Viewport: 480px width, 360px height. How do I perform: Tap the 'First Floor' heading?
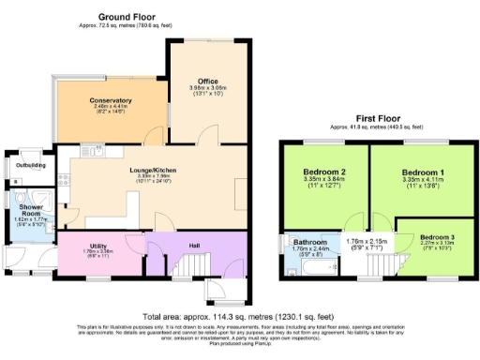(x=378, y=119)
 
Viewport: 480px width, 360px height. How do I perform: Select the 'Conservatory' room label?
(x=111, y=100)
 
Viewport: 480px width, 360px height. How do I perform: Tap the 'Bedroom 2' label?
(x=325, y=173)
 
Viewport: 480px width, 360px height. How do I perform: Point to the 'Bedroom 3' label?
(x=436, y=237)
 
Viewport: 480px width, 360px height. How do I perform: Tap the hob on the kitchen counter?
(x=64, y=178)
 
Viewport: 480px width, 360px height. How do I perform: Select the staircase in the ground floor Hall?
(x=184, y=270)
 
